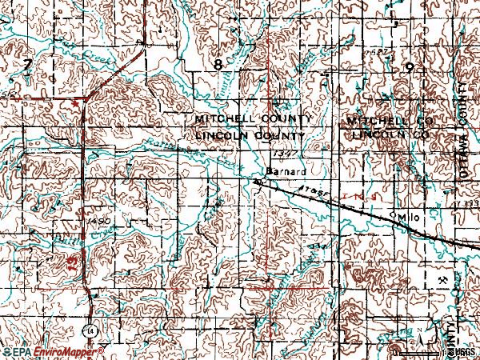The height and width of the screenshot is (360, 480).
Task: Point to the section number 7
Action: coord(28,64)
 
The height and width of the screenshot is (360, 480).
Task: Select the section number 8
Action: coord(218,63)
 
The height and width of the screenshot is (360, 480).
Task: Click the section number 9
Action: coord(408,68)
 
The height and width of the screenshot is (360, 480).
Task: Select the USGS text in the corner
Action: coord(462,351)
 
